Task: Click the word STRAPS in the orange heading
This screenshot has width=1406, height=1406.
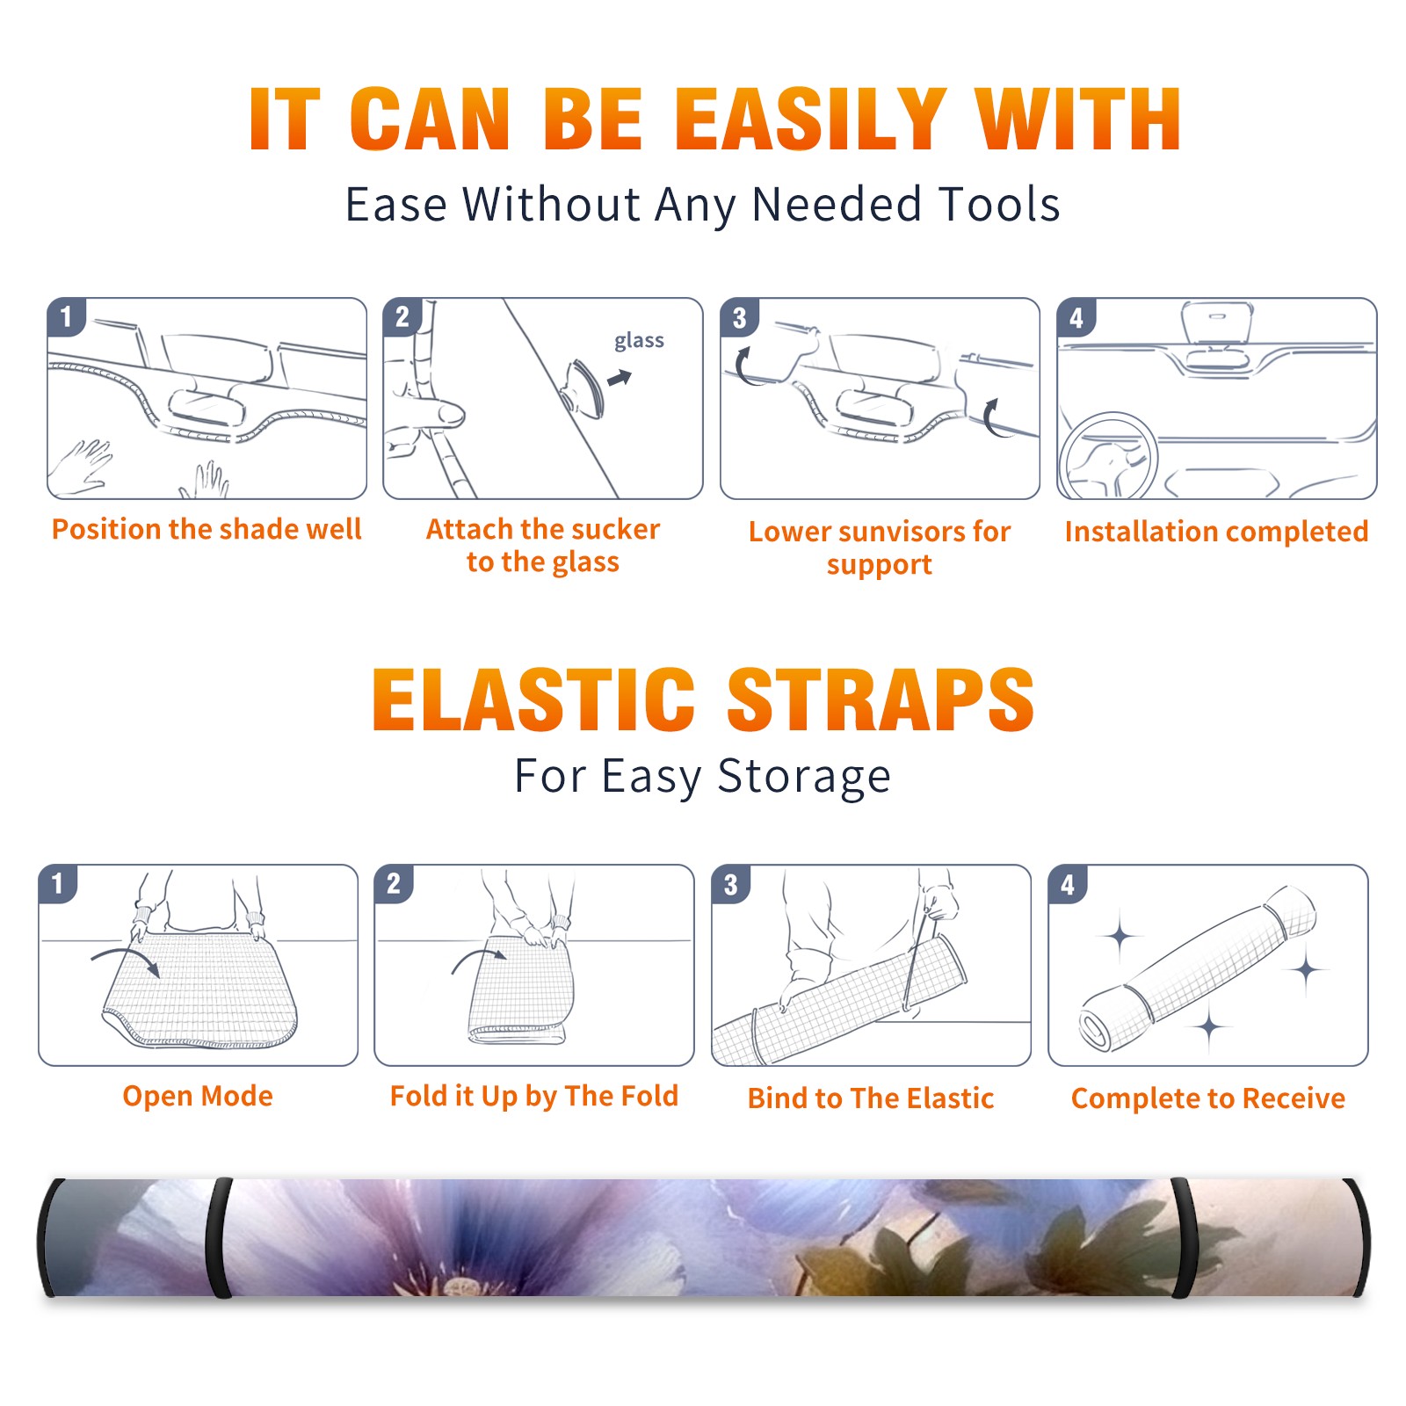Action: tap(881, 699)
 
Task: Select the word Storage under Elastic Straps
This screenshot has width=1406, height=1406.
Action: tap(804, 777)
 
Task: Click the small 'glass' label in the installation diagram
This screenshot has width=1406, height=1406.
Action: tap(639, 341)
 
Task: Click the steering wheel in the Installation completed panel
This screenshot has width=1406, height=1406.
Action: tap(1108, 457)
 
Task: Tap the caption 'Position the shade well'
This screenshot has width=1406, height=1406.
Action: tap(207, 529)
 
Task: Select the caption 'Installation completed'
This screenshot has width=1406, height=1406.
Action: tap(1216, 532)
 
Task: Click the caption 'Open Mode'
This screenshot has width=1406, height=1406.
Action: tap(198, 1096)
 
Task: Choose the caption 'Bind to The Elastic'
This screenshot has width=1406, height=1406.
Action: tap(870, 1098)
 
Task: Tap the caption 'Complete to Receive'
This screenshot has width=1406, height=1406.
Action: tap(1208, 1098)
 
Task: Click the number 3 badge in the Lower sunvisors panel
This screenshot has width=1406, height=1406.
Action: tap(739, 317)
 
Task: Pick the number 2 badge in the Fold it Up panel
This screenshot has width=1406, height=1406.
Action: tap(394, 883)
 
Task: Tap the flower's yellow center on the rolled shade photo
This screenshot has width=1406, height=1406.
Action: tap(460, 1287)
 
